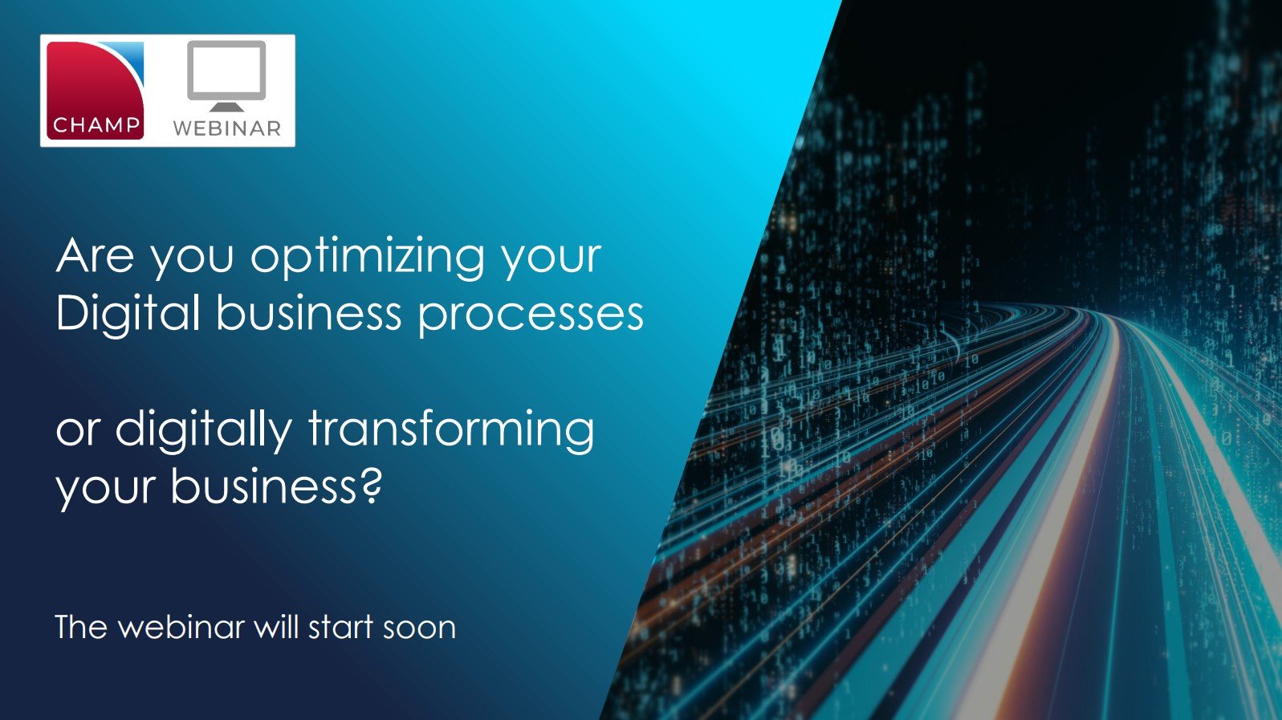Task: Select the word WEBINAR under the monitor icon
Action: point(227,128)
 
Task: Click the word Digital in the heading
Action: point(128,314)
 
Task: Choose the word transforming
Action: point(451,429)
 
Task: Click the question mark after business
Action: point(370,486)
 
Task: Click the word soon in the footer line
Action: point(419,628)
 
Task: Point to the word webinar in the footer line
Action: point(181,628)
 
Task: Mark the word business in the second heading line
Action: point(309,314)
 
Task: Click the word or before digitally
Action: point(77,431)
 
